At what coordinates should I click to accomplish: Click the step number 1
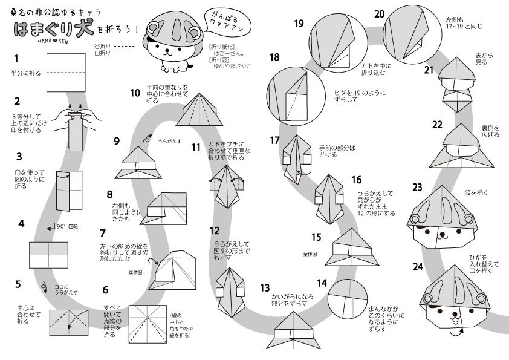point(16,59)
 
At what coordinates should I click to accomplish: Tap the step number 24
point(418,266)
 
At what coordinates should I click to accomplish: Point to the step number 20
point(380,13)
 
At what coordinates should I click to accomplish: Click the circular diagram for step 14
point(348,298)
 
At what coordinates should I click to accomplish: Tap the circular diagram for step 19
point(332,42)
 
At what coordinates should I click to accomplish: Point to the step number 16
point(356,179)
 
